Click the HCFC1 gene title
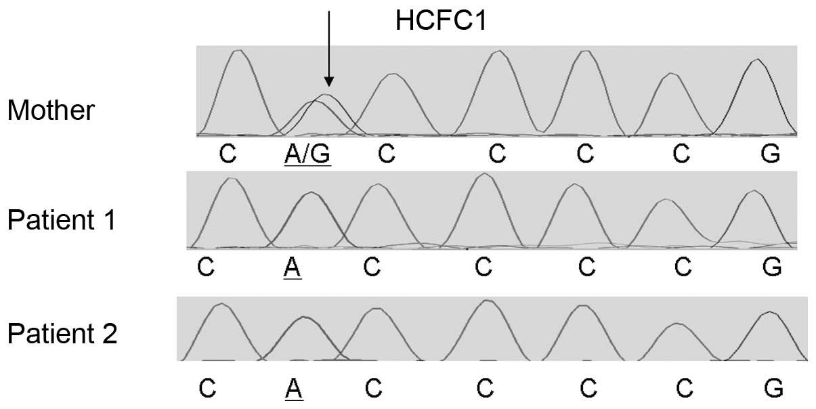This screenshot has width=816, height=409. pyautogui.click(x=441, y=22)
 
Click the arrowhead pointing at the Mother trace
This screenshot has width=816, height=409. pyautogui.click(x=328, y=81)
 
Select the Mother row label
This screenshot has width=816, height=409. pyautogui.click(x=51, y=110)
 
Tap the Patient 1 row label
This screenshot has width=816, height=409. pyautogui.click(x=62, y=221)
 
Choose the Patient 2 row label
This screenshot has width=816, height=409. pyautogui.click(x=62, y=334)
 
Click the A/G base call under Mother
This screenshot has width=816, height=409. pyautogui.click(x=307, y=154)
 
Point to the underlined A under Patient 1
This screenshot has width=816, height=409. pyautogui.click(x=293, y=267)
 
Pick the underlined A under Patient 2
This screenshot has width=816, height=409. pyautogui.click(x=293, y=388)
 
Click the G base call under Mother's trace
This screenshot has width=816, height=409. pyautogui.click(x=770, y=154)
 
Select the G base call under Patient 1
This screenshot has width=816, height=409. pyautogui.click(x=771, y=267)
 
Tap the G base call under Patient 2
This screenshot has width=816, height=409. pyautogui.click(x=773, y=388)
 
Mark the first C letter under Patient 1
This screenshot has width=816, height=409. pyautogui.click(x=206, y=267)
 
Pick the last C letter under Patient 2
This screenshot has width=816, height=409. pyautogui.click(x=685, y=388)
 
